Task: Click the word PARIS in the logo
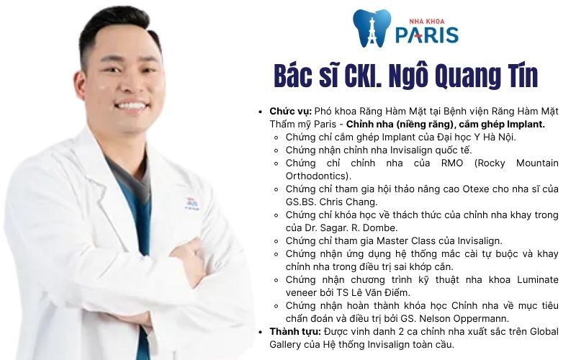pos(427,34)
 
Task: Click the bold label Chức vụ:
pos(290,112)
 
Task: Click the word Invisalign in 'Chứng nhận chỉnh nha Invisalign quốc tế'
pos(418,150)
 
